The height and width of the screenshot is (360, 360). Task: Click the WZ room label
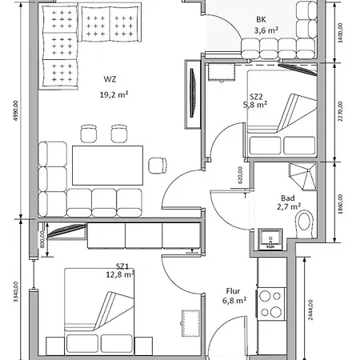coord(110,79)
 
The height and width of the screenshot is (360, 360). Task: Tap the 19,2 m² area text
coord(114,94)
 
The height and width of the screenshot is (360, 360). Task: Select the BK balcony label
coord(261,19)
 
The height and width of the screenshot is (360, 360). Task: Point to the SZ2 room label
coord(257,96)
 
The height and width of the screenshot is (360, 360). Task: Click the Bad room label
coord(288,198)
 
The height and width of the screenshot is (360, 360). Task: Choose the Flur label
coord(233,291)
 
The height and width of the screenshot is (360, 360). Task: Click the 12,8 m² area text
coord(120,274)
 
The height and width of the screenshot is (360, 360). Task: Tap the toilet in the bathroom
coord(304,224)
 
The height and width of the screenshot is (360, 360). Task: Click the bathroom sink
coord(270,239)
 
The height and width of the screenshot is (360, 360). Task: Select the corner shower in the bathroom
coord(303,177)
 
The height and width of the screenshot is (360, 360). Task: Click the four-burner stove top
coord(271,304)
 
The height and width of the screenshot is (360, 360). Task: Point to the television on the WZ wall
coord(193,93)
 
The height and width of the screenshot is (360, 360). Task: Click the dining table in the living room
coord(107,166)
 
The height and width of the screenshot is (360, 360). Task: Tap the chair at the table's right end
coord(158,166)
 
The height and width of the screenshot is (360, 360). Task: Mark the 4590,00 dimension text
coord(15,111)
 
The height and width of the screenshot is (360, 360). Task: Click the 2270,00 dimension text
coord(341,111)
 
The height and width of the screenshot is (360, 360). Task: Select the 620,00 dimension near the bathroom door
coord(240,175)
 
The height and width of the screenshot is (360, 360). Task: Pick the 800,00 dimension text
coord(42,240)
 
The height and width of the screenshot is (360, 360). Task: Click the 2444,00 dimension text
coord(310,310)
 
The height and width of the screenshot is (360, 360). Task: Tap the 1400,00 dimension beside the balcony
coord(341,33)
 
